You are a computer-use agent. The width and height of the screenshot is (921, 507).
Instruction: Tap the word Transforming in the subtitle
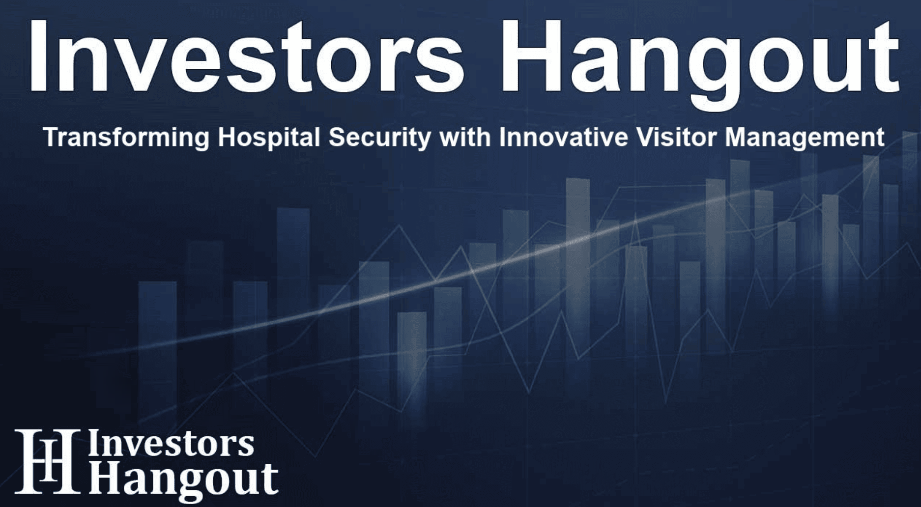point(127,138)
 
